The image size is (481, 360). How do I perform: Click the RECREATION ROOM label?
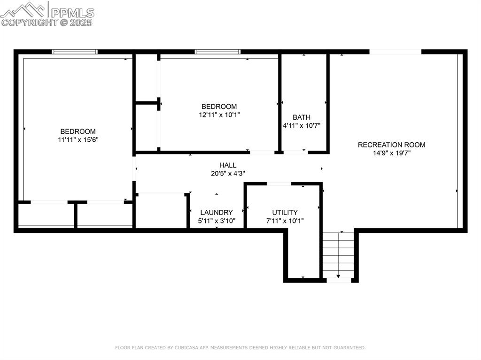pyautogui.click(x=391, y=145)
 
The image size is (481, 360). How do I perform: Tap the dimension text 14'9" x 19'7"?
pyautogui.click(x=391, y=153)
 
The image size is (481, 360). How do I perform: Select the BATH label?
pyautogui.click(x=301, y=117)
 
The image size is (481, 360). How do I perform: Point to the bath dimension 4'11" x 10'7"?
pyautogui.click(x=301, y=125)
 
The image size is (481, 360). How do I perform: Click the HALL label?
pyautogui.click(x=228, y=165)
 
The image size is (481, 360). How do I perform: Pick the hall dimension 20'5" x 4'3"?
pyautogui.click(x=228, y=173)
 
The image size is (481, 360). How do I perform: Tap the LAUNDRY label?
pyautogui.click(x=216, y=213)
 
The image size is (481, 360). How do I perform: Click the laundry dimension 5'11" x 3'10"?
pyautogui.click(x=216, y=221)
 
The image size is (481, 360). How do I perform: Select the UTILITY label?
pyautogui.click(x=285, y=213)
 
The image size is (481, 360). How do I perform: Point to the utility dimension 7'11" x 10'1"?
pyautogui.click(x=285, y=221)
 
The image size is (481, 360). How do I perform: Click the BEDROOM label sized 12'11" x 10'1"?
pyautogui.click(x=219, y=107)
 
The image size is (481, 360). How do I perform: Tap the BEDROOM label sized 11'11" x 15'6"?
pyautogui.click(x=78, y=131)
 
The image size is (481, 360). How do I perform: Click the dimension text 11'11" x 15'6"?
pyautogui.click(x=78, y=139)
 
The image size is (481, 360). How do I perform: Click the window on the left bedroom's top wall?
pyautogui.click(x=75, y=52)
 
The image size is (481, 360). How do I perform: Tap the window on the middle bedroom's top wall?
pyautogui.click(x=217, y=52)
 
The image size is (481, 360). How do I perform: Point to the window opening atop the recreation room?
pyautogui.click(x=395, y=52)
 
